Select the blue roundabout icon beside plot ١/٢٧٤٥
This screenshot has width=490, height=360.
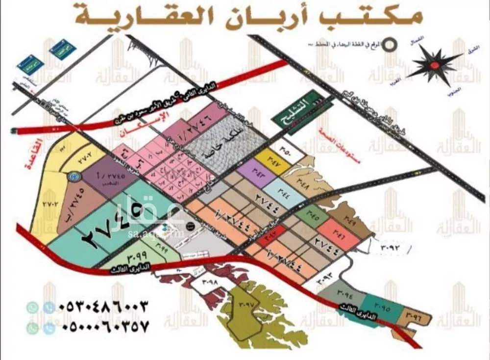pos(73,175)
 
